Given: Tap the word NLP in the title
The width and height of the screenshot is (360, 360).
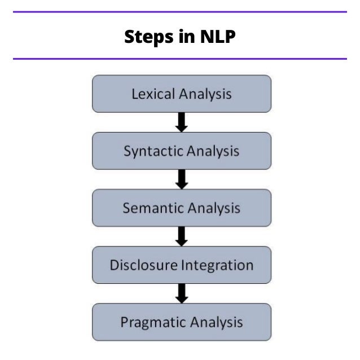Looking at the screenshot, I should click(216, 37).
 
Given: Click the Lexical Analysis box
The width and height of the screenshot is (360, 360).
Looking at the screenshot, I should click(181, 94).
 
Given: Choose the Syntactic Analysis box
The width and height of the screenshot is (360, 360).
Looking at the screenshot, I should click(181, 151).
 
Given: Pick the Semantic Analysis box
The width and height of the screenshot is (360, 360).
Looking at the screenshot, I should click(181, 208).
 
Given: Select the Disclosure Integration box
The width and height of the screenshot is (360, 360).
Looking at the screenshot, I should click(181, 265).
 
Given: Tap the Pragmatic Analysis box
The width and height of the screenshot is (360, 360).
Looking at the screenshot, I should click(181, 322).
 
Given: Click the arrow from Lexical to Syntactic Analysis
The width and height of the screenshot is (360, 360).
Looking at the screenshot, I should click(181, 122).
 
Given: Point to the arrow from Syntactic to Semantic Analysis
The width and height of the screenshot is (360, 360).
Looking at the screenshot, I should click(181, 179).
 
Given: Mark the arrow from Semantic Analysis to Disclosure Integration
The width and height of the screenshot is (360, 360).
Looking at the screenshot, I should click(181, 236).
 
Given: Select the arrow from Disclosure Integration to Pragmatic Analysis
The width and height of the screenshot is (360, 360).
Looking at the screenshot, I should click(181, 293).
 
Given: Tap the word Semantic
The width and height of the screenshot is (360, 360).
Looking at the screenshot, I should click(152, 208).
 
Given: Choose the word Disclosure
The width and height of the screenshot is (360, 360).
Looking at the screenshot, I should click(143, 265).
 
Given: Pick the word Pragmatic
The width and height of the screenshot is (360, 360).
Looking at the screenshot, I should click(151, 323).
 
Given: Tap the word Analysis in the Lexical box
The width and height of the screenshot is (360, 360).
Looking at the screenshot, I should click(205, 94).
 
